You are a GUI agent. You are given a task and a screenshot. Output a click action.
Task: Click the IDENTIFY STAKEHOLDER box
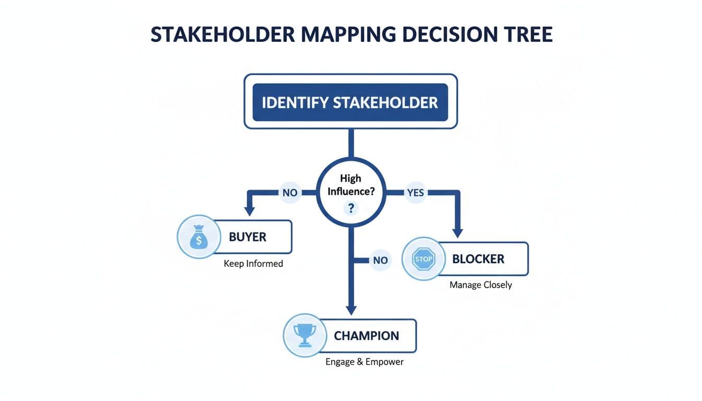tap(350, 102)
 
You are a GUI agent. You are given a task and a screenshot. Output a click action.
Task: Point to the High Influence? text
tap(350, 185)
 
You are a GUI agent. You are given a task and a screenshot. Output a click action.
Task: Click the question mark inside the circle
tap(351, 209)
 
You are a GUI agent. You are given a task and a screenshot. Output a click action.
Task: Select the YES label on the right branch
tap(415, 193)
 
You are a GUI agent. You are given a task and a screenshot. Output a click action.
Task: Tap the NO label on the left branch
tap(289, 193)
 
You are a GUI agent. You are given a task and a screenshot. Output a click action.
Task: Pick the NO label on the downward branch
tap(380, 260)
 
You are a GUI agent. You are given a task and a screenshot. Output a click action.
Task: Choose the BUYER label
tap(248, 237)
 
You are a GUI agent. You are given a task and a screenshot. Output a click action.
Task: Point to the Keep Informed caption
tap(253, 264)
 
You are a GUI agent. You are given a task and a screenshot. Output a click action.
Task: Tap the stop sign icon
tap(424, 259)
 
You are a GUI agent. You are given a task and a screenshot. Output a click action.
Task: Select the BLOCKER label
tap(478, 259)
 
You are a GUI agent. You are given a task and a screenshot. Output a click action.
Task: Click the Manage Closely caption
tap(481, 285)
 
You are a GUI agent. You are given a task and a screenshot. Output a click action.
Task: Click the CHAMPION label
tap(366, 335)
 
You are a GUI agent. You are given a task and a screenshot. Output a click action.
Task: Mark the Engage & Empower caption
tap(365, 361)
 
